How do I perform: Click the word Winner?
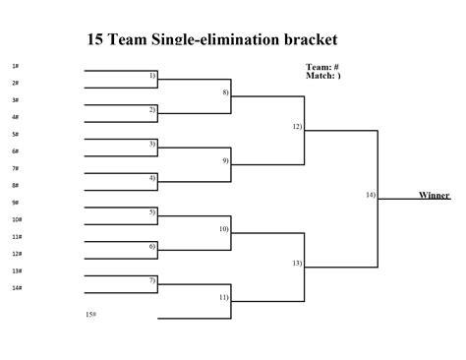click(434, 196)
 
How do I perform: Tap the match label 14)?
click(371, 195)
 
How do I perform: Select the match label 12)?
click(297, 127)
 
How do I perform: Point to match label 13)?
click(297, 263)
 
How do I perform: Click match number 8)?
click(225, 92)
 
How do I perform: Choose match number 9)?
click(225, 160)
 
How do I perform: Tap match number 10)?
click(224, 228)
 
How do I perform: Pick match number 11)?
click(224, 296)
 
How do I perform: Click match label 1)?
click(152, 75)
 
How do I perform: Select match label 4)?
click(152, 178)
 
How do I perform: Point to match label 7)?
click(152, 280)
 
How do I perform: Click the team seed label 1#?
click(16, 66)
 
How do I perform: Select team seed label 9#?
click(16, 203)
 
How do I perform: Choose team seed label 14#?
click(17, 287)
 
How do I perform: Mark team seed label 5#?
click(16, 134)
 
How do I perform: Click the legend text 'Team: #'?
click(322, 67)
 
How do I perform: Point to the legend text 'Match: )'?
click(323, 75)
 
